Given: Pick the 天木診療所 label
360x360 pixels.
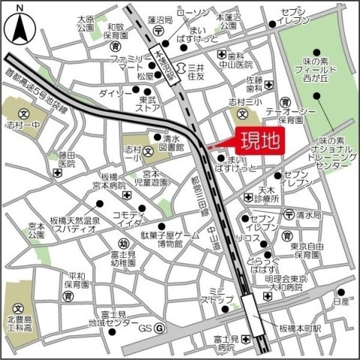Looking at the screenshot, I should tap(265, 195).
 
